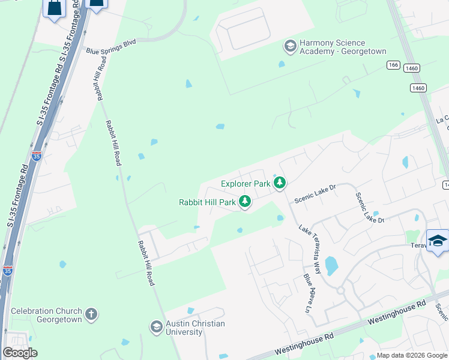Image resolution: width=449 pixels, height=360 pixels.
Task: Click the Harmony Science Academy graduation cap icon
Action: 290,46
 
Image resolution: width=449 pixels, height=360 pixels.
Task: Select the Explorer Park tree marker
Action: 279,182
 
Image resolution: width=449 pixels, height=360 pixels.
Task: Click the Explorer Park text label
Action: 245,184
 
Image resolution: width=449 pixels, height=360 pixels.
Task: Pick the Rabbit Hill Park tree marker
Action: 245,202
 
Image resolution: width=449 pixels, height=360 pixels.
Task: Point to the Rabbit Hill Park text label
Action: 207,203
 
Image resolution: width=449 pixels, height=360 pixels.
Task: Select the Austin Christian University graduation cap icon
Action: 156,327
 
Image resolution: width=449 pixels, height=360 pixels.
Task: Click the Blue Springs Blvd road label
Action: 112,44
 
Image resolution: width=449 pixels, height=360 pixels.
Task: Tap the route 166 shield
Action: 393,65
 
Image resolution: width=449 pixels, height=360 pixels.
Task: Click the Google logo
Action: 20,352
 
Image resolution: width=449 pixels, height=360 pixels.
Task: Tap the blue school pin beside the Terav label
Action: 438,241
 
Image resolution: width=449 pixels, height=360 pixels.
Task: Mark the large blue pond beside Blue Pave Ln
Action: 331,265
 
